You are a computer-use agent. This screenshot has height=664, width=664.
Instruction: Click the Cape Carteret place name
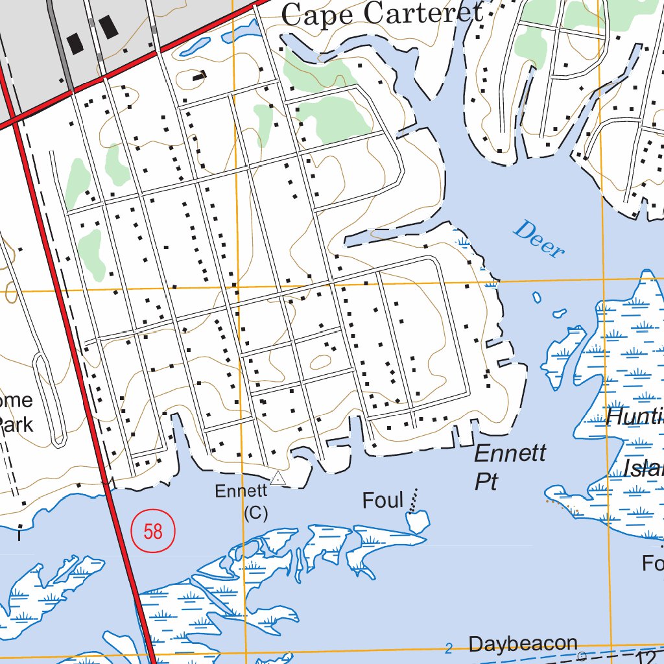coord(383,14)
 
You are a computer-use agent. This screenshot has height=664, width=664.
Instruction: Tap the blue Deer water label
coord(538,239)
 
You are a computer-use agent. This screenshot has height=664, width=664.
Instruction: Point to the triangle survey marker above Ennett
coord(278,479)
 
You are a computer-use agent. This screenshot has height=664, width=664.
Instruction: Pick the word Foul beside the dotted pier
coord(383,501)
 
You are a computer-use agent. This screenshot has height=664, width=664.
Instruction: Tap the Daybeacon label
coord(523,644)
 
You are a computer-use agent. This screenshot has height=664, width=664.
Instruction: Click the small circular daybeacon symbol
coord(581,656)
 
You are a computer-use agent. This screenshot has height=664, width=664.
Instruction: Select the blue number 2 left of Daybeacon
coord(449,648)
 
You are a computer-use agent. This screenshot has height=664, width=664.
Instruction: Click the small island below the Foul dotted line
coord(418,519)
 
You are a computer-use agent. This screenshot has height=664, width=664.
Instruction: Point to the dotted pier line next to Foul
coord(412,499)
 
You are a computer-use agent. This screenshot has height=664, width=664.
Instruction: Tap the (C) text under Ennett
coord(255,512)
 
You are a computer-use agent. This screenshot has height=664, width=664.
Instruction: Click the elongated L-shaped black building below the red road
coord(200,76)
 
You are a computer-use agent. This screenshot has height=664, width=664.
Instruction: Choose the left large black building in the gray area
coord(77,43)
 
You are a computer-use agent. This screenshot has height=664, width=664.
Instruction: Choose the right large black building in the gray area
coord(108,27)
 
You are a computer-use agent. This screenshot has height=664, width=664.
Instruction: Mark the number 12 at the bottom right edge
coord(652,656)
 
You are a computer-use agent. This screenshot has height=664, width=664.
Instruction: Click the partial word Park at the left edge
coord(16,425)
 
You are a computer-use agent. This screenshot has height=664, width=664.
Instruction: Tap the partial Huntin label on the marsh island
coord(634,417)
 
